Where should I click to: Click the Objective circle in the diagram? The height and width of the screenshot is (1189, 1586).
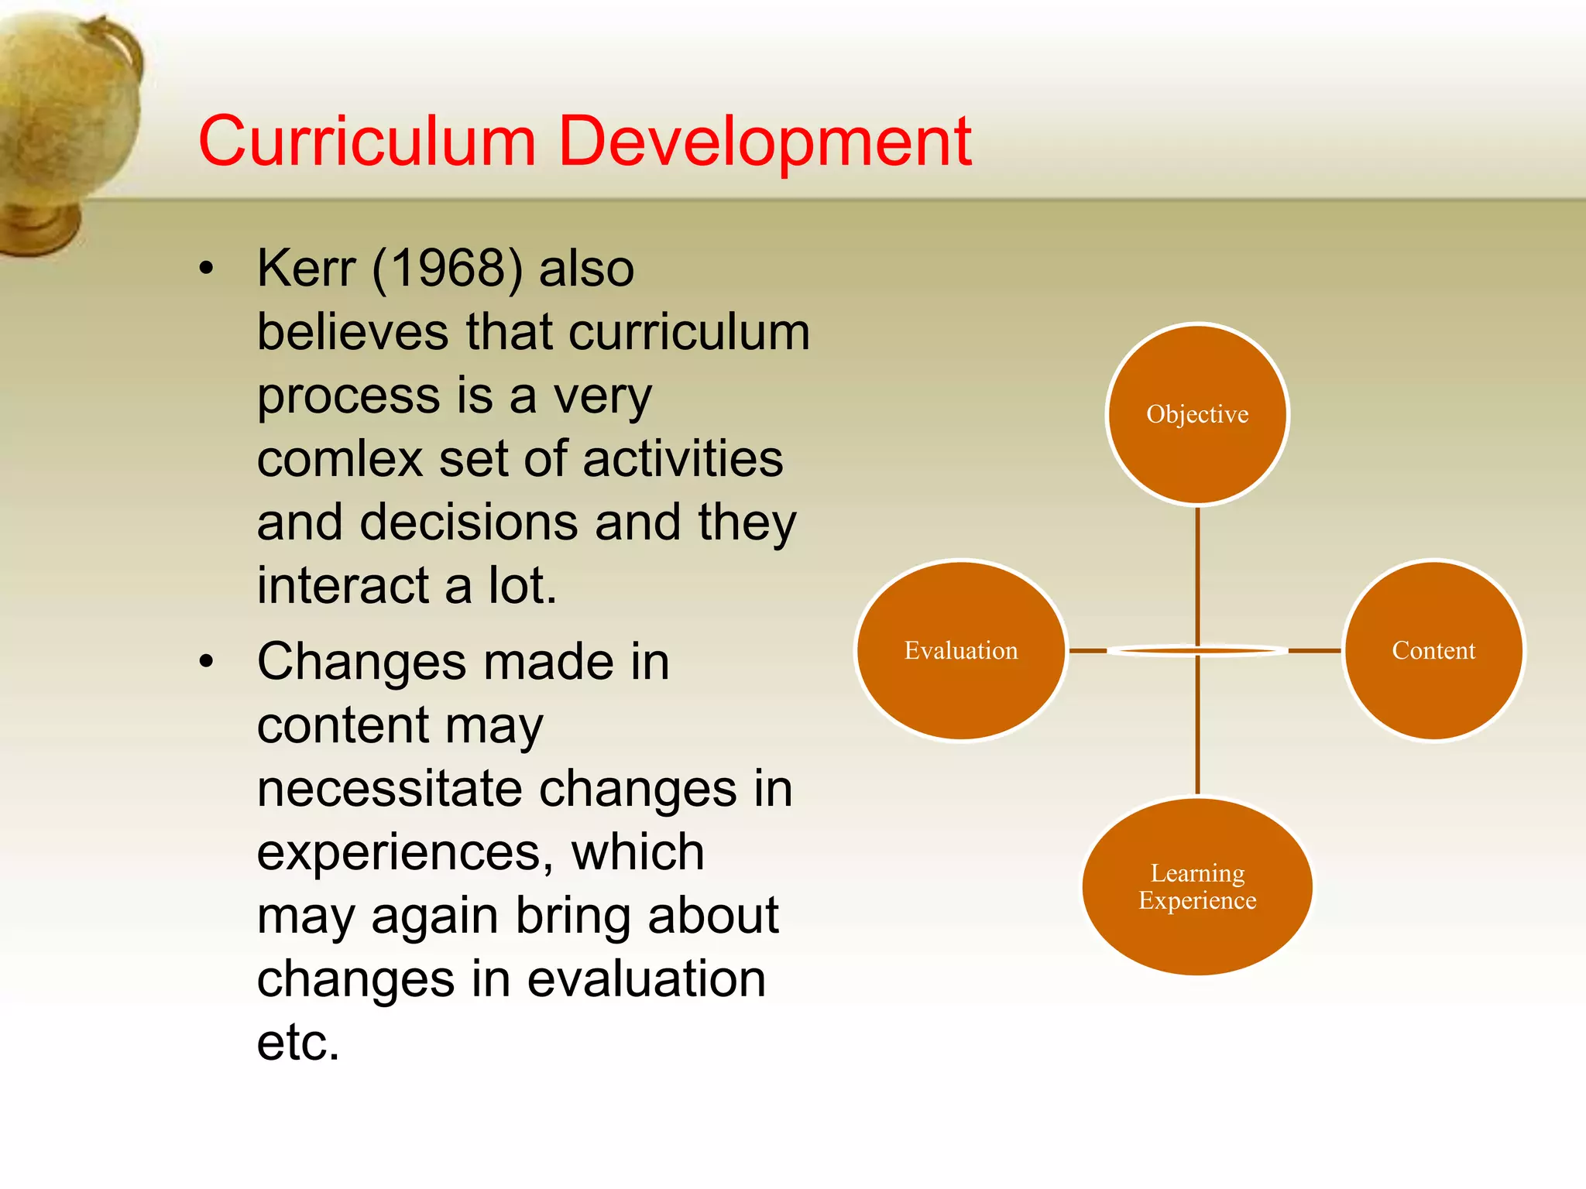pos(1197,414)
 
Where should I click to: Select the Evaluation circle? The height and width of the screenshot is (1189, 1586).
pos(961,650)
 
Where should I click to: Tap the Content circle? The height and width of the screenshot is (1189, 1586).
pos(1433,650)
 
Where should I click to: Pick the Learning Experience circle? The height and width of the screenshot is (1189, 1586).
pos(1197,886)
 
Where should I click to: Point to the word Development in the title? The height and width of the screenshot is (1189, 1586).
pos(764,141)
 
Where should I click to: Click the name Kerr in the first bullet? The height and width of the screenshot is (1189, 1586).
pos(307,269)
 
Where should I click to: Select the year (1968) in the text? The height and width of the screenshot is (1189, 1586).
pos(448,269)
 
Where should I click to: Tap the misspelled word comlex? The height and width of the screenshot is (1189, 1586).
pos(339,459)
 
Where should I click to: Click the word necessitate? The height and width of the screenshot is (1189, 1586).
pos(390,789)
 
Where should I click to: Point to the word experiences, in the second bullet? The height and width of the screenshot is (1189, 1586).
pos(405,852)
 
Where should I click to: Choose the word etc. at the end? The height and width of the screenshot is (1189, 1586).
pos(298,1043)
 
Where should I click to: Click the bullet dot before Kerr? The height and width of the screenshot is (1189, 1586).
pos(205,269)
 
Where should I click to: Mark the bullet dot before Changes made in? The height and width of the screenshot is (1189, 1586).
pos(205,663)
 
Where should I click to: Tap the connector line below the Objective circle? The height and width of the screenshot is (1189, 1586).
pos(1197,573)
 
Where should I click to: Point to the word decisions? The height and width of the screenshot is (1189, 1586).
pos(469,523)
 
